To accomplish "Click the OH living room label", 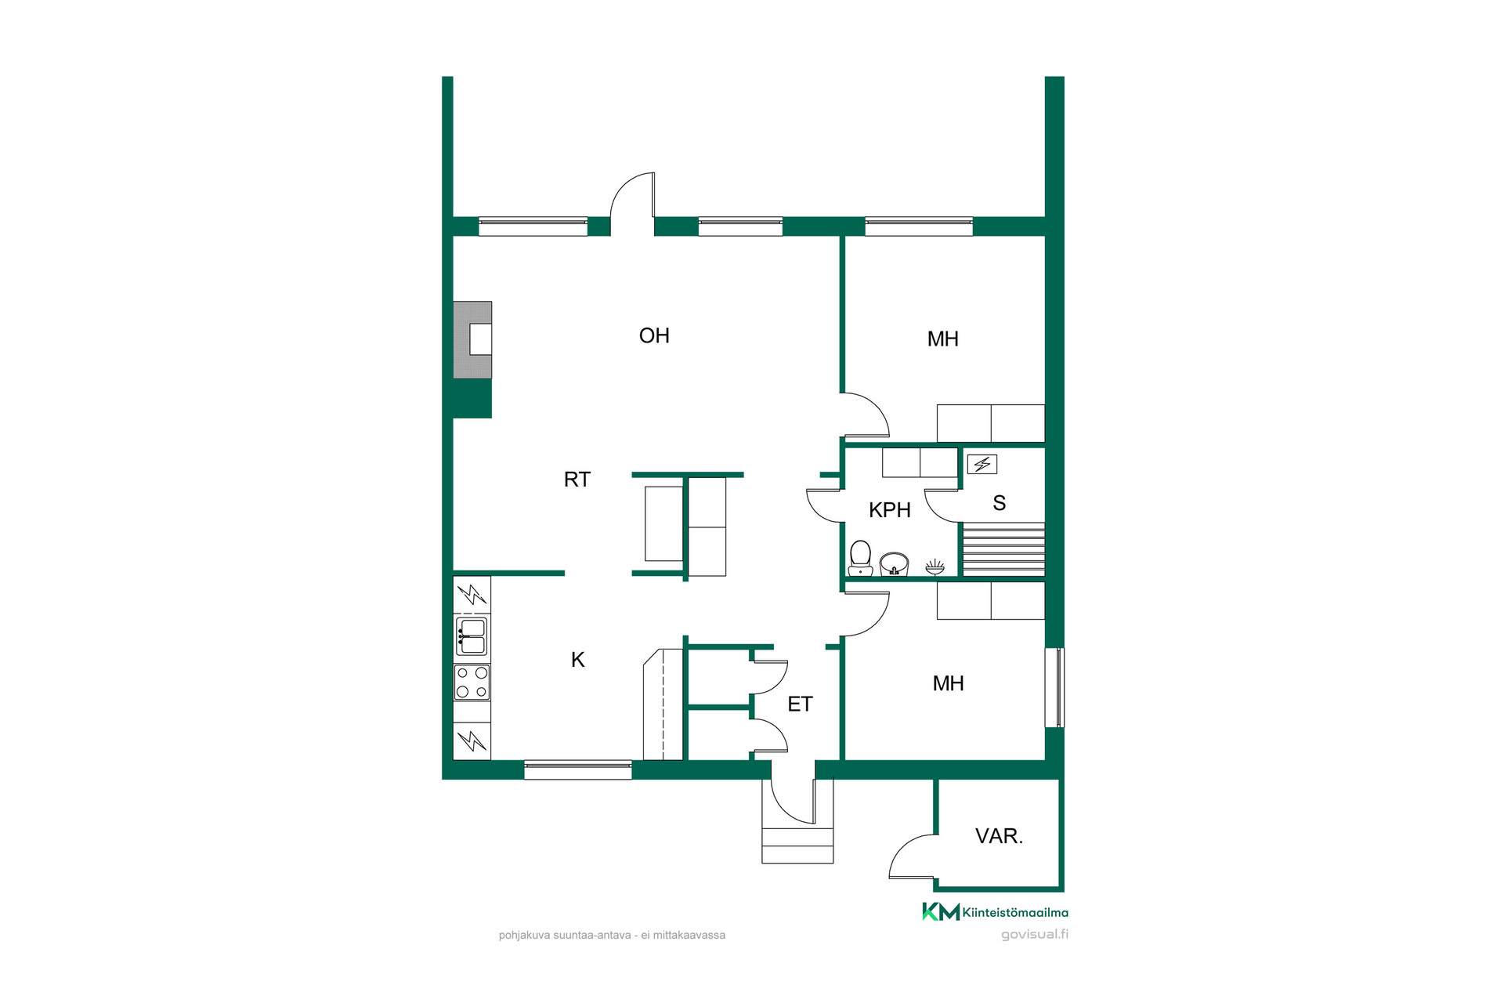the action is point(654,335).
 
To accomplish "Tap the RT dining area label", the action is point(577,480).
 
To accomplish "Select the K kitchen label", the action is point(578,660).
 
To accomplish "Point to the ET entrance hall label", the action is point(800,704).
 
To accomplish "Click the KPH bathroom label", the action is point(890,510).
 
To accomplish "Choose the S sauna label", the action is point(1000,503).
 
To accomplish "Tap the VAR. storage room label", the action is point(1000,836).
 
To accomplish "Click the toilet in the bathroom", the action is point(860,558).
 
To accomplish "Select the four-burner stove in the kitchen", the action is point(472,683).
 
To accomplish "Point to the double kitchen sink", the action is point(472,636).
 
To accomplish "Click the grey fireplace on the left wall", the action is point(472,340).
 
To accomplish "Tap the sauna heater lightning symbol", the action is point(982,465).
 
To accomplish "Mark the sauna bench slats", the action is point(1003,549).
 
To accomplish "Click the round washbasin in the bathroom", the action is point(894,563).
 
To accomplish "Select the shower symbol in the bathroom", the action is point(935,566).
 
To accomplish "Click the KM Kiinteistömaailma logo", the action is point(995,912).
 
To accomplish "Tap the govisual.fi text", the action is point(1035,934).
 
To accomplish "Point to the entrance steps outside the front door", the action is point(797,845).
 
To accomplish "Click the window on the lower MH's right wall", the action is point(1055,687).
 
